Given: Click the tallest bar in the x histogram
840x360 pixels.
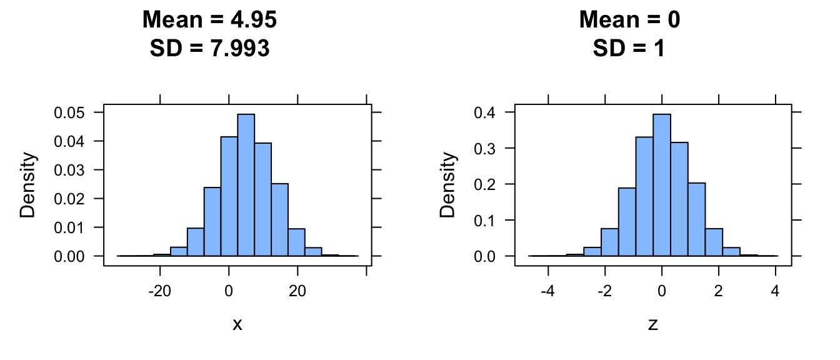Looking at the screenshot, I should pyautogui.click(x=246, y=185).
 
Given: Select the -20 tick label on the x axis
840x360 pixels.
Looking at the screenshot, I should pyautogui.click(x=160, y=291).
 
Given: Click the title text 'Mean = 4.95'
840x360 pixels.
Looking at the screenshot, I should pyautogui.click(x=209, y=21).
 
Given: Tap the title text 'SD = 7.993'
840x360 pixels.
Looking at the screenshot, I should pyautogui.click(x=209, y=47).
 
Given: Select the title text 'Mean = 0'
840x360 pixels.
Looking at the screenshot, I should pyautogui.click(x=629, y=21).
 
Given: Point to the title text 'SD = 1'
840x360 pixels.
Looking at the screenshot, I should pyautogui.click(x=629, y=47).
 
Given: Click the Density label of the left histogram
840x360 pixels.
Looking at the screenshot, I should pyautogui.click(x=27, y=185).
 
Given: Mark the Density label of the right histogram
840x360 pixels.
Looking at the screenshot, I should pyautogui.click(x=447, y=185).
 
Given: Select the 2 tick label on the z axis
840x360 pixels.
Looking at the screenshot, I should pyautogui.click(x=719, y=291).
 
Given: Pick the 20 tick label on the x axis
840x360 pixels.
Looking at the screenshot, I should pyautogui.click(x=297, y=291).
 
